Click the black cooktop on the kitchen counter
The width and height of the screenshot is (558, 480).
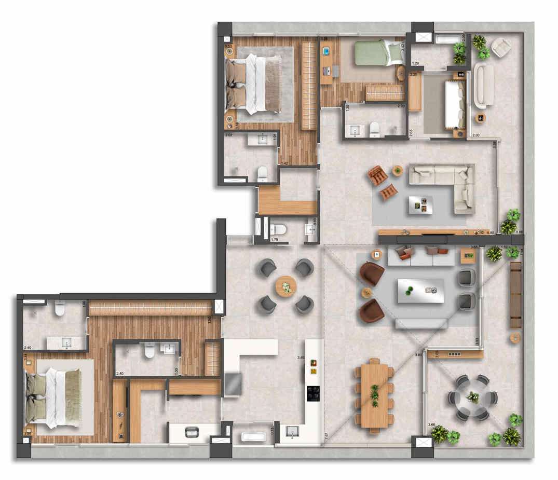[314, 393]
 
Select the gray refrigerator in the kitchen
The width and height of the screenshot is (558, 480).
[233, 383]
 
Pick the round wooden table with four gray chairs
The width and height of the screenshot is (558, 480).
[285, 286]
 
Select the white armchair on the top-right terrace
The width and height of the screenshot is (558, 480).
[501, 47]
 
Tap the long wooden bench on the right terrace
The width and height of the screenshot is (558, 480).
[515, 295]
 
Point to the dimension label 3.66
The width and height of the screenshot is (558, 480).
[432, 424]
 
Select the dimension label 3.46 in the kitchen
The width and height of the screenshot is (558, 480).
[301, 358]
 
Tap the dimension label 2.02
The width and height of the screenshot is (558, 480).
[229, 135]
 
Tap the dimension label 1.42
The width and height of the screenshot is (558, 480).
[283, 163]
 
